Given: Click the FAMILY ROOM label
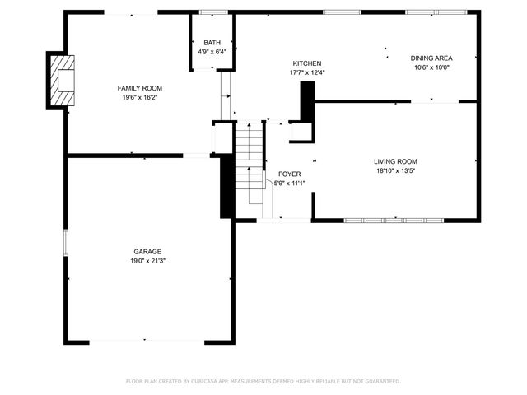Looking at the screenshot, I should tap(139, 88).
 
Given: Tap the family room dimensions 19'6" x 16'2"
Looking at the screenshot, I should tap(139, 97).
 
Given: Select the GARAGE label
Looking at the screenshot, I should tap(147, 252).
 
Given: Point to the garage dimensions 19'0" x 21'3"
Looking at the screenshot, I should tap(147, 261).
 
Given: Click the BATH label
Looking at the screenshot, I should tap(212, 43).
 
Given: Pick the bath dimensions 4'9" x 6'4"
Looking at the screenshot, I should tap(212, 52).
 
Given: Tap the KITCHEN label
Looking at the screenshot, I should tap(306, 63).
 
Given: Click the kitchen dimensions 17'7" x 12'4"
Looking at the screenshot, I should tap(306, 72).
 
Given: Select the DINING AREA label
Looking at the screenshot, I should tap(431, 58).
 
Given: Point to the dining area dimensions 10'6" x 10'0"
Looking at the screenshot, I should tap(431, 67).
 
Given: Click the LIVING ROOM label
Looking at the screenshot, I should tap(395, 162).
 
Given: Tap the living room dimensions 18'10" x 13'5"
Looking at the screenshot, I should tap(395, 171).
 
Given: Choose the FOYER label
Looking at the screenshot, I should tap(289, 174).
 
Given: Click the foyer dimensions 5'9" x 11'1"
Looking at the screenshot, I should tap(289, 184).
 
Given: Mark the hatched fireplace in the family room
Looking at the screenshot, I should tap(63, 80).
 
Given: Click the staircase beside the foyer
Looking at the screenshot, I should tap(249, 169).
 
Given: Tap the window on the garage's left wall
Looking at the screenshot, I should tap(66, 244).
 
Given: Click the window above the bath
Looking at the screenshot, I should tap(212, 12).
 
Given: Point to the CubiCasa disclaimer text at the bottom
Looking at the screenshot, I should tap(263, 381).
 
